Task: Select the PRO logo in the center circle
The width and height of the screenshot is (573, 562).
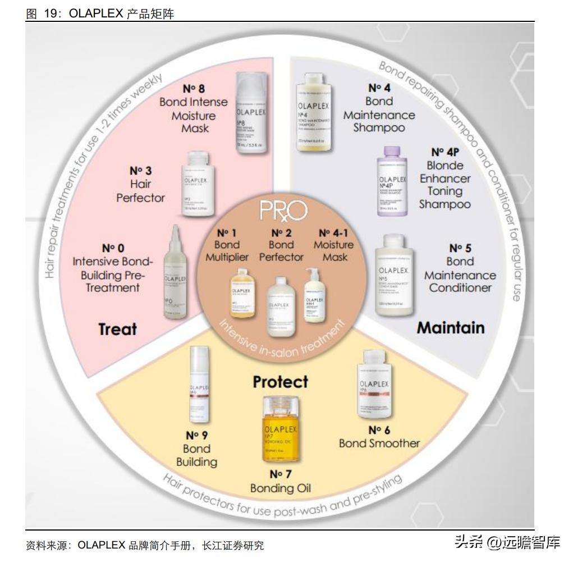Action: pyautogui.click(x=283, y=211)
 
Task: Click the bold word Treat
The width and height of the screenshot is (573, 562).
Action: pyautogui.click(x=118, y=329)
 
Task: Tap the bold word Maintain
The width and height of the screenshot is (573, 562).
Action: pyautogui.click(x=450, y=327)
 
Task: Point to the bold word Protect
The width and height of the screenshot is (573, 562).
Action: pyautogui.click(x=280, y=382)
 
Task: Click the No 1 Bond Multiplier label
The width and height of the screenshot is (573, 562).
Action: pyautogui.click(x=227, y=245)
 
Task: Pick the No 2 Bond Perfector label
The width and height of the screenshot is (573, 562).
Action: pyautogui.click(x=281, y=245)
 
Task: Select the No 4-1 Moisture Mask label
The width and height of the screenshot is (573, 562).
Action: pyautogui.click(x=333, y=245)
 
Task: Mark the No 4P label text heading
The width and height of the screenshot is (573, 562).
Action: pyautogui.click(x=445, y=152)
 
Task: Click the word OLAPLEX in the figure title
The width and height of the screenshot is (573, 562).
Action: pyautogui.click(x=95, y=13)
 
